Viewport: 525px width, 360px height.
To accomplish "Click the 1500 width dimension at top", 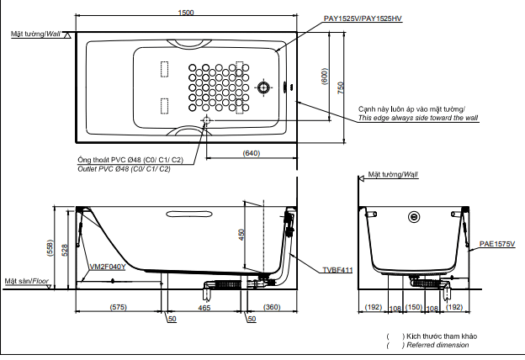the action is click(x=186, y=13).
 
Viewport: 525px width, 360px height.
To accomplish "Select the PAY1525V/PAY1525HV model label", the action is click(x=363, y=19).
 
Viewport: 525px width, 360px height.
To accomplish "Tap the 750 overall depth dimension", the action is click(x=341, y=87).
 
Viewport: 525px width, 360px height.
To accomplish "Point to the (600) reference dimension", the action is click(x=325, y=77).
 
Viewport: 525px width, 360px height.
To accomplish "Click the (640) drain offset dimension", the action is click(x=252, y=153).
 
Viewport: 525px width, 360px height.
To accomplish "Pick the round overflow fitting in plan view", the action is click(x=263, y=87).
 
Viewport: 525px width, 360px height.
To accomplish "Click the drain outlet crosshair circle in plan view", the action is click(x=207, y=120).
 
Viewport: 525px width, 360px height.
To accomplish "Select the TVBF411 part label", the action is click(x=337, y=270).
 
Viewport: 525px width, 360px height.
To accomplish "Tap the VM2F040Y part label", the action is click(x=108, y=267).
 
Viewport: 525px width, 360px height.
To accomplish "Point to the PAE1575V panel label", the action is click(x=497, y=244).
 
